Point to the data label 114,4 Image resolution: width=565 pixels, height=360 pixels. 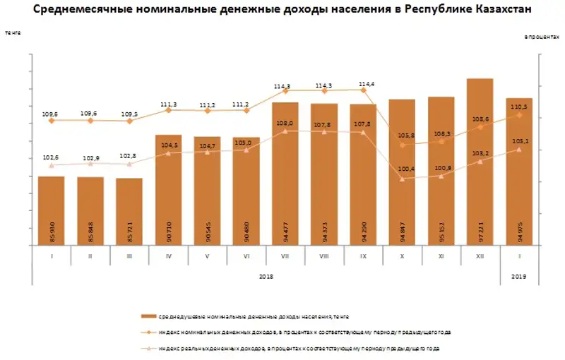coord(367,83)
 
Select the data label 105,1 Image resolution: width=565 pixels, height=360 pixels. coord(520,140)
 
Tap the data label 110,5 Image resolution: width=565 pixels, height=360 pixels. coord(520,107)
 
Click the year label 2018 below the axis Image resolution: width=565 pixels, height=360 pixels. coord(266,277)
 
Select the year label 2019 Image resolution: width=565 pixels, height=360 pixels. coord(519,277)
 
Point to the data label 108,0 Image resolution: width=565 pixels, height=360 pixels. coord(285,123)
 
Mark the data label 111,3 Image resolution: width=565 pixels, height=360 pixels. coord(168,102)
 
